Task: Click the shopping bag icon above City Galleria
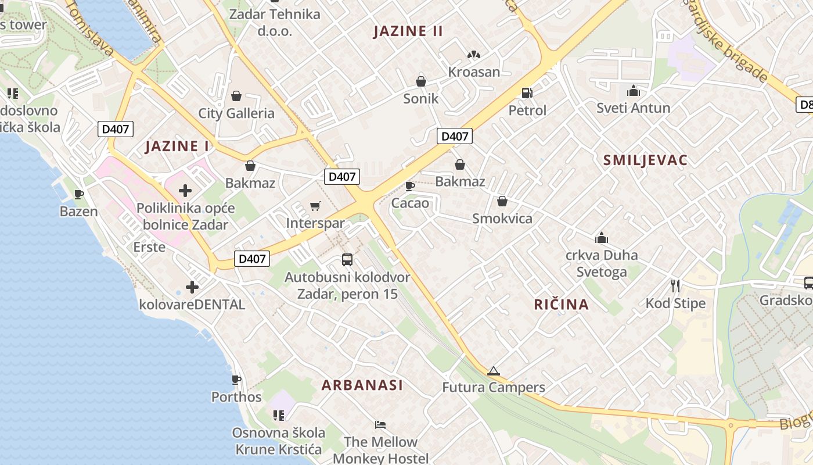click(236, 95)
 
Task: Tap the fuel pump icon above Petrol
click(527, 92)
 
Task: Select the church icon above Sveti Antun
click(633, 91)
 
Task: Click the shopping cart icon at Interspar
click(315, 206)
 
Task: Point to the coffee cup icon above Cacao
click(409, 186)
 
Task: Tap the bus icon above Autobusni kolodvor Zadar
click(347, 259)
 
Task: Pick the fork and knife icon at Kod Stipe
click(675, 285)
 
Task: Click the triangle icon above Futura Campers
click(493, 371)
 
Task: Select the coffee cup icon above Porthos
click(236, 380)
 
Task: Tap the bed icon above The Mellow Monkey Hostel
click(380, 425)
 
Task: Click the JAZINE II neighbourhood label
click(408, 31)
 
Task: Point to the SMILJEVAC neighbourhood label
click(645, 160)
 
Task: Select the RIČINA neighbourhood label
click(561, 304)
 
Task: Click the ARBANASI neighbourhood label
click(362, 385)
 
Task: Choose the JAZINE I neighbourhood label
click(177, 146)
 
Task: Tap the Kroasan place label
click(474, 72)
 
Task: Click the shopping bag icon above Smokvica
click(502, 201)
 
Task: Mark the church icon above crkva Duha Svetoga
click(602, 238)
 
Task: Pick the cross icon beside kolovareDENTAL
click(192, 287)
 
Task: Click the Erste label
click(149, 247)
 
